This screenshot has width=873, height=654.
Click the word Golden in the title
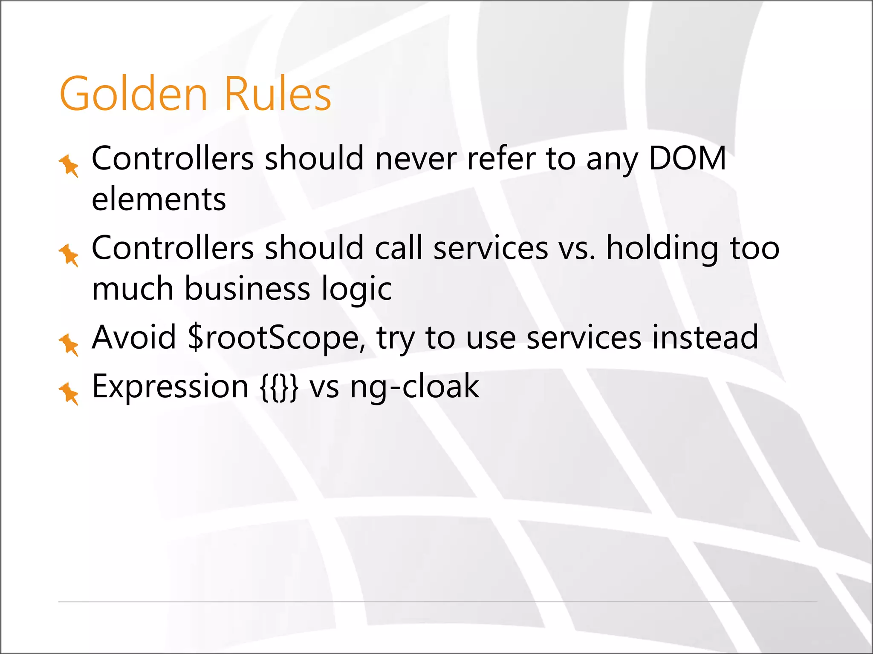[x=133, y=94]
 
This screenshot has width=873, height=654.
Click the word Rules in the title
[x=277, y=94]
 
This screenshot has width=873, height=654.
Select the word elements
[x=159, y=199]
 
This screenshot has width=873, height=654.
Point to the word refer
[x=500, y=158]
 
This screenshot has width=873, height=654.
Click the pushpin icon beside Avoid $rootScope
[x=69, y=344]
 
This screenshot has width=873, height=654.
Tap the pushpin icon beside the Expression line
[x=69, y=393]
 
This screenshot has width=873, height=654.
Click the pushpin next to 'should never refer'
[x=69, y=165]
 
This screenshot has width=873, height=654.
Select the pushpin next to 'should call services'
[x=69, y=255]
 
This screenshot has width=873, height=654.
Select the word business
[x=247, y=289]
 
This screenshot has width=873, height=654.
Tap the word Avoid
[x=134, y=337]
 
